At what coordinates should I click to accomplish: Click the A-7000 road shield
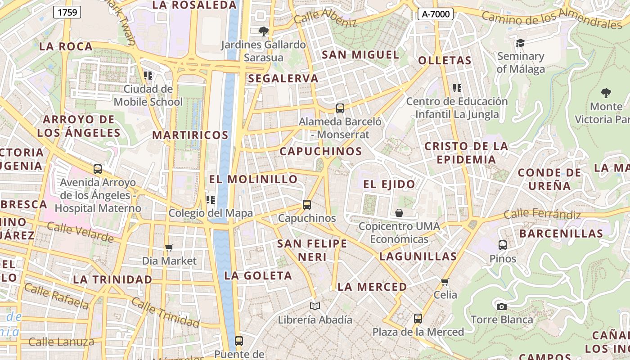click(x=435, y=14)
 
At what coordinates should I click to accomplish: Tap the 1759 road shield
click(x=67, y=12)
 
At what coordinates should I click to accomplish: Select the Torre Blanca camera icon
click(x=501, y=306)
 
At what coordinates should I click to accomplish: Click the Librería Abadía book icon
click(x=315, y=306)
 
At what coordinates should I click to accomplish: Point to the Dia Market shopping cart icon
click(x=169, y=247)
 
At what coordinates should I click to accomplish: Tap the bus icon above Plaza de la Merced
click(x=418, y=319)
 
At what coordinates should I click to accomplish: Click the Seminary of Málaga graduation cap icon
click(x=520, y=43)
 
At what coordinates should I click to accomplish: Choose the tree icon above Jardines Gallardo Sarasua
click(x=264, y=31)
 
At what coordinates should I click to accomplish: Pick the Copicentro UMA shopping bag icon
click(x=399, y=212)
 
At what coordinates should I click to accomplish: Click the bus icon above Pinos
click(x=503, y=245)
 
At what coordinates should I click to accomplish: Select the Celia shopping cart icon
click(x=445, y=282)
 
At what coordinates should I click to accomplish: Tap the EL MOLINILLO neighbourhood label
click(x=253, y=179)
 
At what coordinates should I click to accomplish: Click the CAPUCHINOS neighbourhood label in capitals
click(x=321, y=151)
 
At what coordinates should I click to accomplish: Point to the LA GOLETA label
click(x=258, y=275)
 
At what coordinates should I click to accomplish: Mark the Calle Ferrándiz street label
click(x=542, y=214)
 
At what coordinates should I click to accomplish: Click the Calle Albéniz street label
click(x=325, y=18)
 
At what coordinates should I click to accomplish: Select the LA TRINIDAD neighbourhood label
click(x=112, y=279)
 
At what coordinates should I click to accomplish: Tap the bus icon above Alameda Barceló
click(x=340, y=108)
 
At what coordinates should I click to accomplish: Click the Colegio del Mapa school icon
click(x=210, y=199)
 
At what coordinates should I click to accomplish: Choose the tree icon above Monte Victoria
click(x=606, y=93)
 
